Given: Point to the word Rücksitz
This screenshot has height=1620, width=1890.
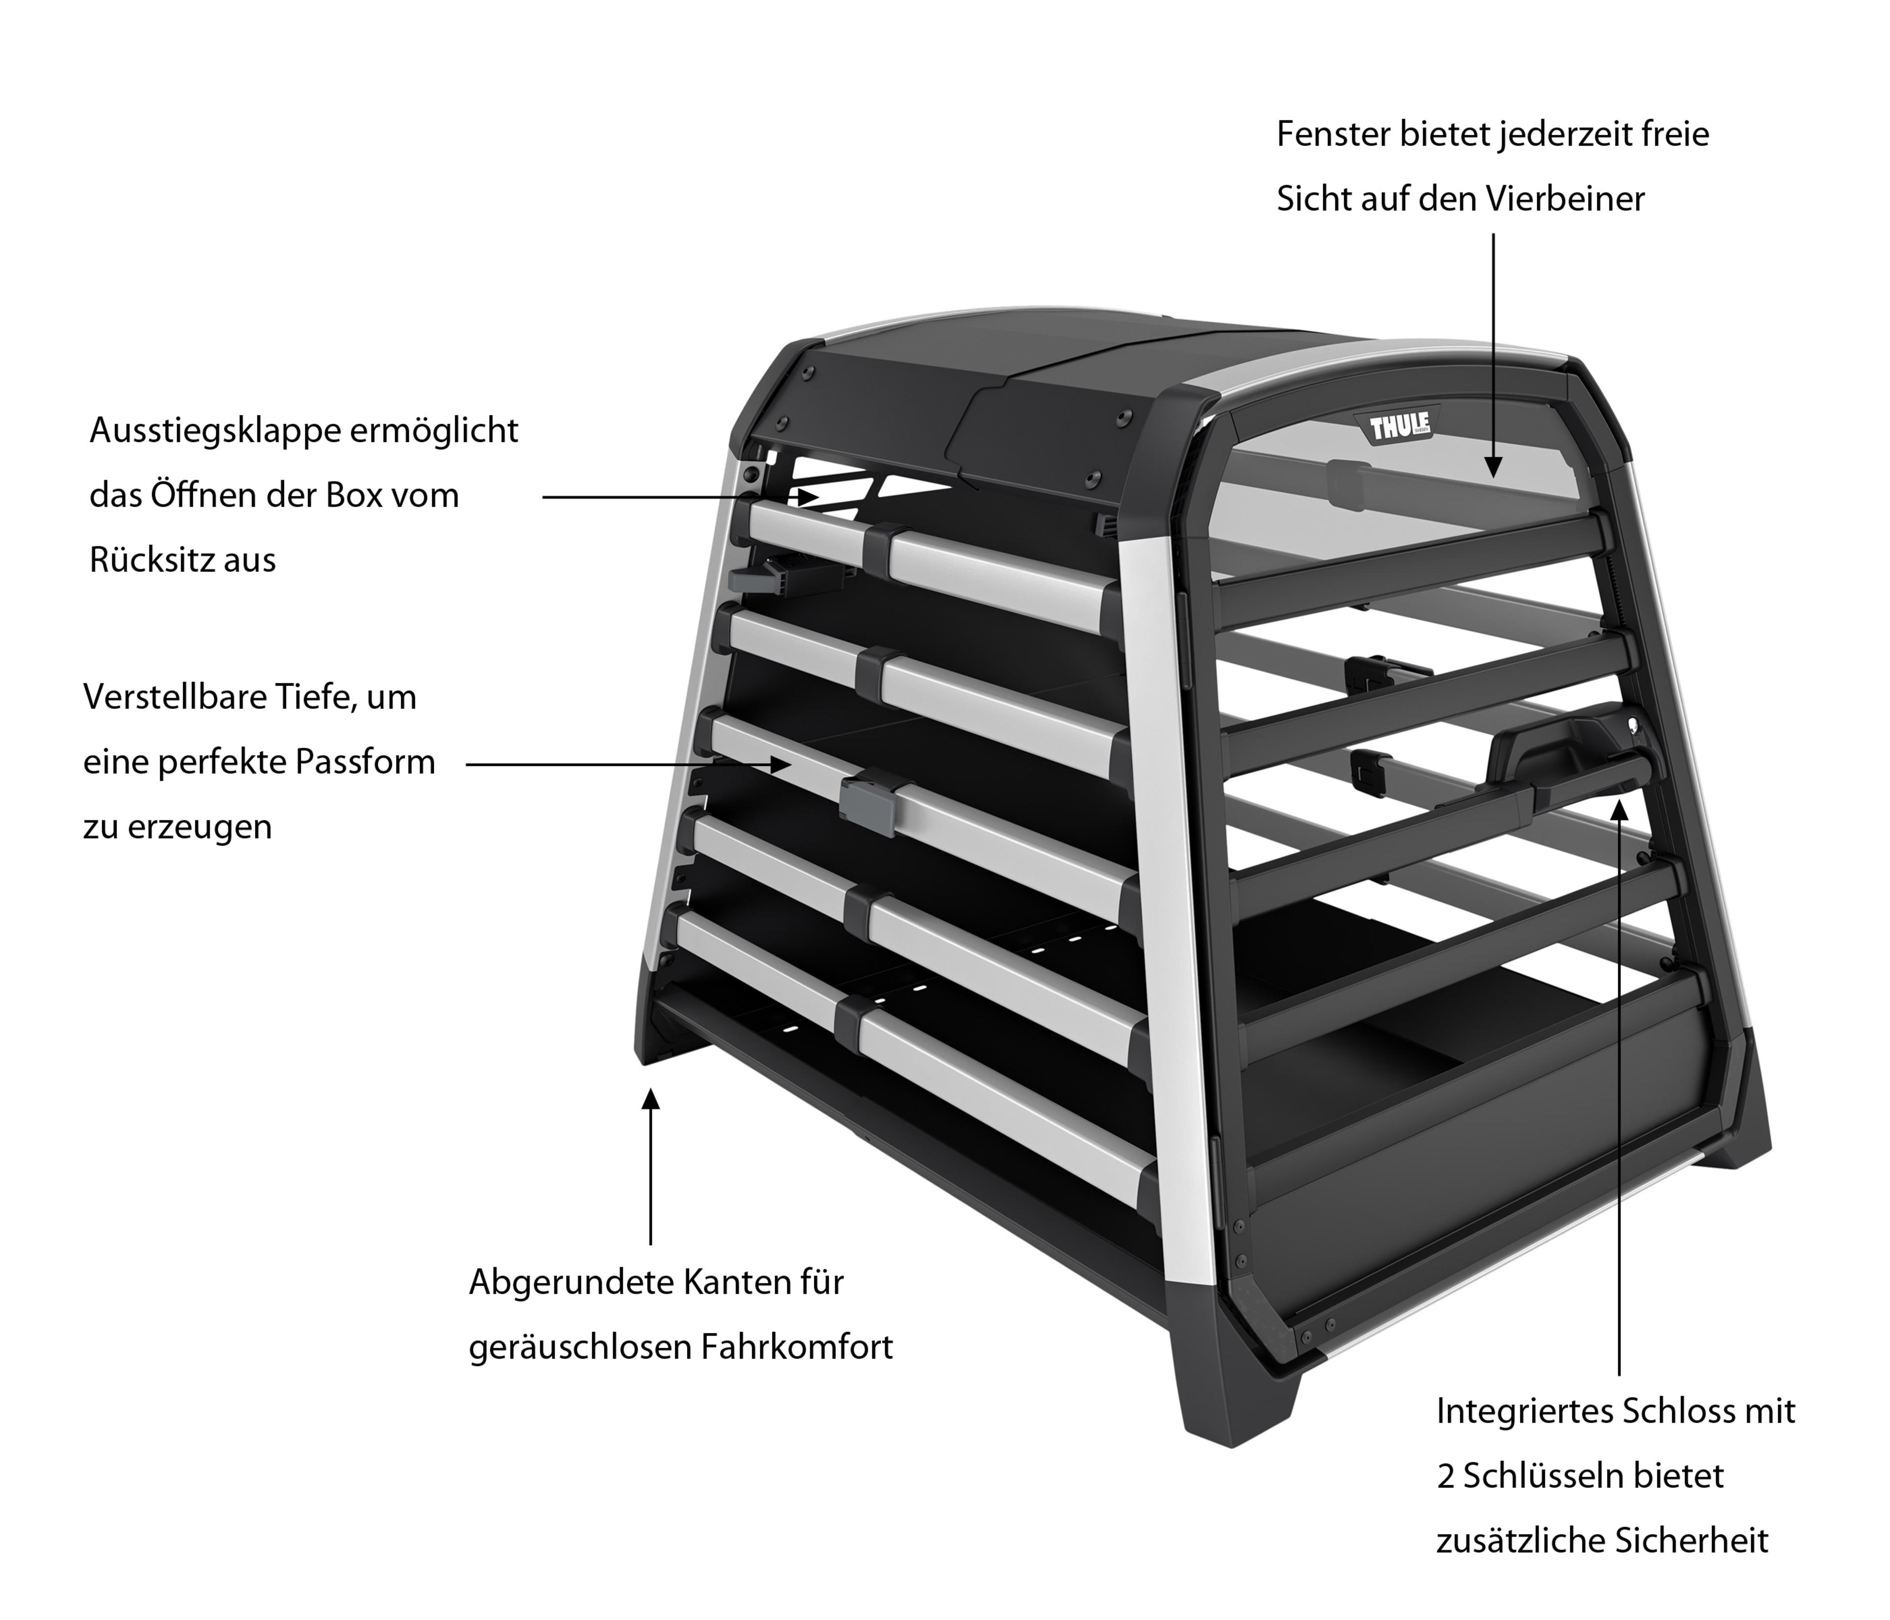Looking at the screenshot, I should pos(152,560).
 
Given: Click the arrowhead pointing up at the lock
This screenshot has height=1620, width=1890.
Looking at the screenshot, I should pos(1619,811).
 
